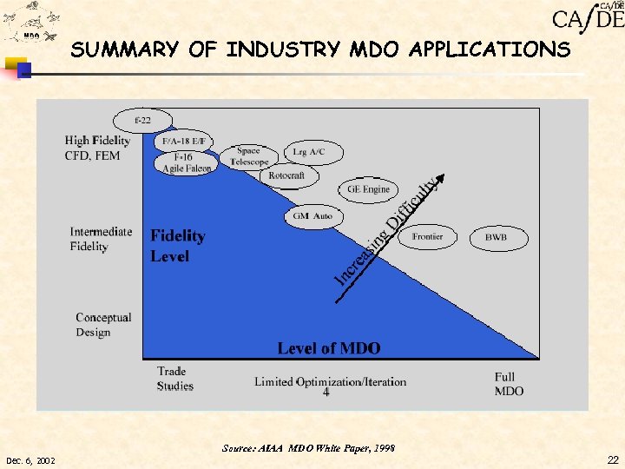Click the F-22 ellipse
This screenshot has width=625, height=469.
point(142,120)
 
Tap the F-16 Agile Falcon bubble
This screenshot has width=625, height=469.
point(184,162)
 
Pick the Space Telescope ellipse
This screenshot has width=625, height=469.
point(248,156)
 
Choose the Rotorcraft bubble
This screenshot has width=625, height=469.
point(286,176)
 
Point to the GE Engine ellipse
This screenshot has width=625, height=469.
point(368,189)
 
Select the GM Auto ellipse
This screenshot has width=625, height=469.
point(312,216)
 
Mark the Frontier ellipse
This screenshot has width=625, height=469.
point(427,236)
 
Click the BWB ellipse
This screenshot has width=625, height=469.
point(496,236)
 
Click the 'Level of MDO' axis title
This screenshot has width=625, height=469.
point(328,348)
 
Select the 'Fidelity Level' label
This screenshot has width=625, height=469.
point(178,246)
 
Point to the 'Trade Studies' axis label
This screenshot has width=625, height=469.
point(174,379)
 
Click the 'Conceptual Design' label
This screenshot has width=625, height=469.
point(103,325)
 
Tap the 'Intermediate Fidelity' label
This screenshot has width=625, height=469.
point(101,239)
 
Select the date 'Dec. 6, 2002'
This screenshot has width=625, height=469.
point(30,460)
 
